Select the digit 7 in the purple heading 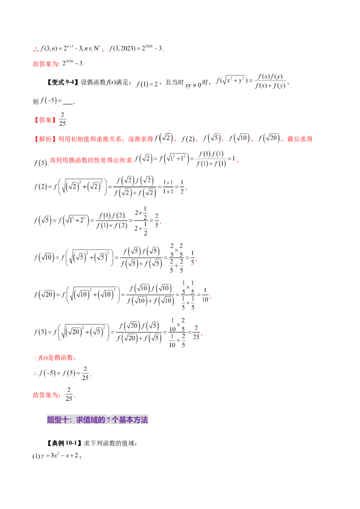108,420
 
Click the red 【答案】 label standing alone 45,120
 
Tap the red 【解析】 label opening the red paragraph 44,139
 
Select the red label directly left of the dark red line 46,396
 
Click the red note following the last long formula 54,358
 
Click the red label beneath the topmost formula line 46,64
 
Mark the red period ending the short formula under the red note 93,374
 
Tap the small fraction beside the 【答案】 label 63,119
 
